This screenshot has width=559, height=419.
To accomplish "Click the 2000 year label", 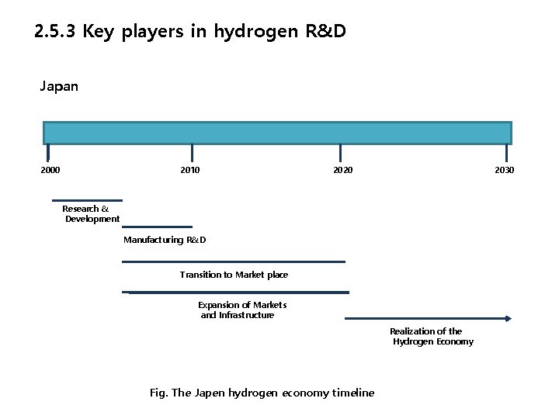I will point(50,170).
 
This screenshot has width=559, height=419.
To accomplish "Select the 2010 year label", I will point(189,170).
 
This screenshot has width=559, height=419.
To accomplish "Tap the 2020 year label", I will point(342,170).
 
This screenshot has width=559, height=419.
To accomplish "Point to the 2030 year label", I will point(504,170).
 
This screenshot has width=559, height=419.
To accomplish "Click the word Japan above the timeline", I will point(59,86).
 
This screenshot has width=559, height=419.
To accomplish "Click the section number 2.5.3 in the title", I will point(55,32).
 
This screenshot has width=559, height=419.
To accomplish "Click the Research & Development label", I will point(91,213).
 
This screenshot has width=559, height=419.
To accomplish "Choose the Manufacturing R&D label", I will point(165,240).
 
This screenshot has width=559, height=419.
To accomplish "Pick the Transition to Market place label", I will point(234,275).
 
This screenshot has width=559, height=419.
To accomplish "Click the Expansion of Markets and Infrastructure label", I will point(241,310).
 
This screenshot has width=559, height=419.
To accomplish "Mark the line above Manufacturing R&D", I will point(157,227).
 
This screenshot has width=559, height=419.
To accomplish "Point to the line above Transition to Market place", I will point(233,261).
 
